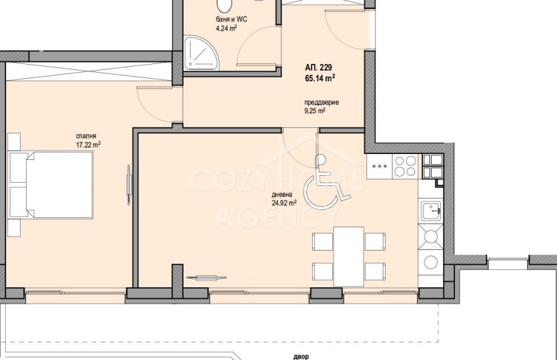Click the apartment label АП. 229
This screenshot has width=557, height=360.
[318, 68]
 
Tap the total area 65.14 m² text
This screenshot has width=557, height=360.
[320, 78]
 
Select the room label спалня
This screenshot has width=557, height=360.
[86, 136]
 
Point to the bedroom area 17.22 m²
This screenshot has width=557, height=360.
[89, 145]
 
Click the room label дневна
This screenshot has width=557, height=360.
[282, 195]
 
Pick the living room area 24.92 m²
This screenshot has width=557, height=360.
[284, 203]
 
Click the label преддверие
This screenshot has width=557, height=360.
[322, 103]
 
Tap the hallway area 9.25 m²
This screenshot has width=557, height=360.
[316, 111]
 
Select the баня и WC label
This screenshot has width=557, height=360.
[231, 19]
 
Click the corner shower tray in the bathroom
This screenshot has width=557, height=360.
[200, 52]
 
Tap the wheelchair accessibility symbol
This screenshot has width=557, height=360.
[326, 183]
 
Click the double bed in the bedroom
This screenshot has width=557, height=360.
[51, 185]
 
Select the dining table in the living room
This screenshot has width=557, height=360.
[348, 256]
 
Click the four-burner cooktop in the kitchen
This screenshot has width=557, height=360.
[405, 166]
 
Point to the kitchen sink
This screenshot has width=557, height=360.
[431, 211]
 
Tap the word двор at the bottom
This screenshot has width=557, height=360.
[301, 357]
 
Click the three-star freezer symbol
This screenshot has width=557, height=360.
[380, 166]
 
